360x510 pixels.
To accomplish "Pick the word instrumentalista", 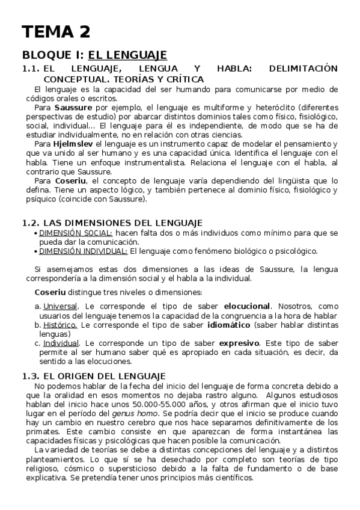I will click(x=161, y=162).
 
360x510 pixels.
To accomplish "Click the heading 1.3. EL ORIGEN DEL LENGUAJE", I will click(x=93, y=376).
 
